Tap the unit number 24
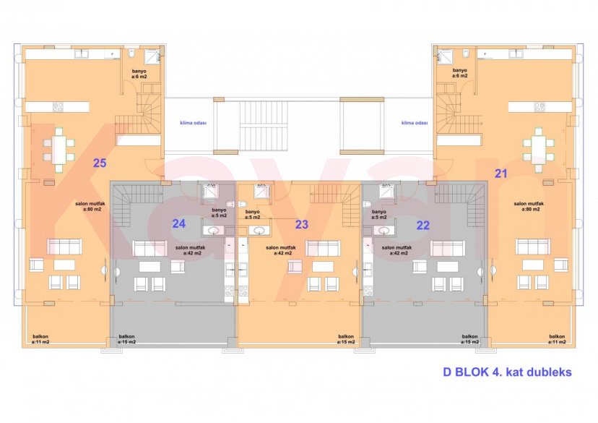click(179, 223)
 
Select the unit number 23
click(302, 225)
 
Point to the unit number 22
click(423, 225)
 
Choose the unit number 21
click(500, 172)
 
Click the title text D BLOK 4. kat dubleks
click(507, 372)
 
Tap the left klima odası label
click(194, 123)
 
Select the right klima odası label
click(415, 123)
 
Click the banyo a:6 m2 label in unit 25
click(139, 73)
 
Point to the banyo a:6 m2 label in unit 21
click(460, 73)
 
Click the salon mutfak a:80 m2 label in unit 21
click(529, 208)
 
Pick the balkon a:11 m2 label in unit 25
click(41, 339)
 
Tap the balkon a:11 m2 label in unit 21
click(557, 339)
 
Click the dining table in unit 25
click(58, 149)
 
